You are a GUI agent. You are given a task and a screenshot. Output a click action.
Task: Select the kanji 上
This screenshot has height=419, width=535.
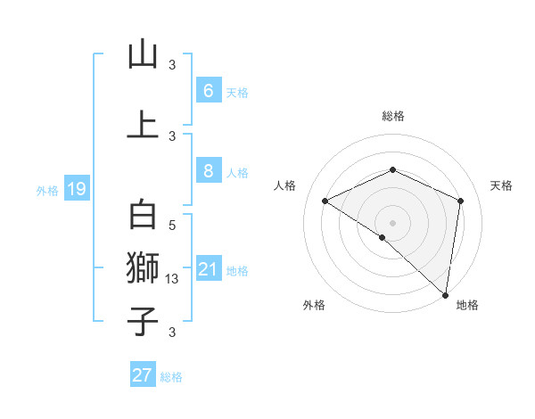[143, 124]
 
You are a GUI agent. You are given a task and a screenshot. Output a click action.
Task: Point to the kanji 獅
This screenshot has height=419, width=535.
[143, 267]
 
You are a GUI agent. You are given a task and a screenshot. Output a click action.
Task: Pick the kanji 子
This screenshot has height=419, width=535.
[143, 321]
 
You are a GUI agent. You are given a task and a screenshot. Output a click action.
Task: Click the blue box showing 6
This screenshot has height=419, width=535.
[208, 90]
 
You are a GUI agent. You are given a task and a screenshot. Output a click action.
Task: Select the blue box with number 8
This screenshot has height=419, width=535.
[208, 171]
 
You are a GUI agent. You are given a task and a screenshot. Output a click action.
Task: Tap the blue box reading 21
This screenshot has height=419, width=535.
[208, 269]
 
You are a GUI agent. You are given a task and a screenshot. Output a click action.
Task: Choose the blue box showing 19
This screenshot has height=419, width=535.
[76, 188]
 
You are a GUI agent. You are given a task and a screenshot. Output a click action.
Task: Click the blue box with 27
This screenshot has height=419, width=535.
[143, 375]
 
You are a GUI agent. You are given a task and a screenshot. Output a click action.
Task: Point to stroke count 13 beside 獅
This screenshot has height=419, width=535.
[173, 279]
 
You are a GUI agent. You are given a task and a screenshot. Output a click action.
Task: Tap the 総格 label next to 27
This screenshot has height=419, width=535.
[171, 377]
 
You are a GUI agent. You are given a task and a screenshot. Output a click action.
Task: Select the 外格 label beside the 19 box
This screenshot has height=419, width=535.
[47, 190]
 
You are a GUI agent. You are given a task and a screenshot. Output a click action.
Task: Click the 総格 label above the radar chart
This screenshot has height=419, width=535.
[393, 116]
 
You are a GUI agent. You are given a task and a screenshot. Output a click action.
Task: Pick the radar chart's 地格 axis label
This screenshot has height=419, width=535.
[467, 305]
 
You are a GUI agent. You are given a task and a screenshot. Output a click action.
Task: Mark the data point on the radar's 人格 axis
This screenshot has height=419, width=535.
[325, 201]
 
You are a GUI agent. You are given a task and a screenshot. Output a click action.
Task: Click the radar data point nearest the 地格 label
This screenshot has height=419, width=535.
[446, 294]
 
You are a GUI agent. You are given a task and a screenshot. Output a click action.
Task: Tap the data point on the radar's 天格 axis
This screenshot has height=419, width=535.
[461, 201]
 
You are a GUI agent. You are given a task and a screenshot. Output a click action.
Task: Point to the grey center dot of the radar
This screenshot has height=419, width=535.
[393, 222]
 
